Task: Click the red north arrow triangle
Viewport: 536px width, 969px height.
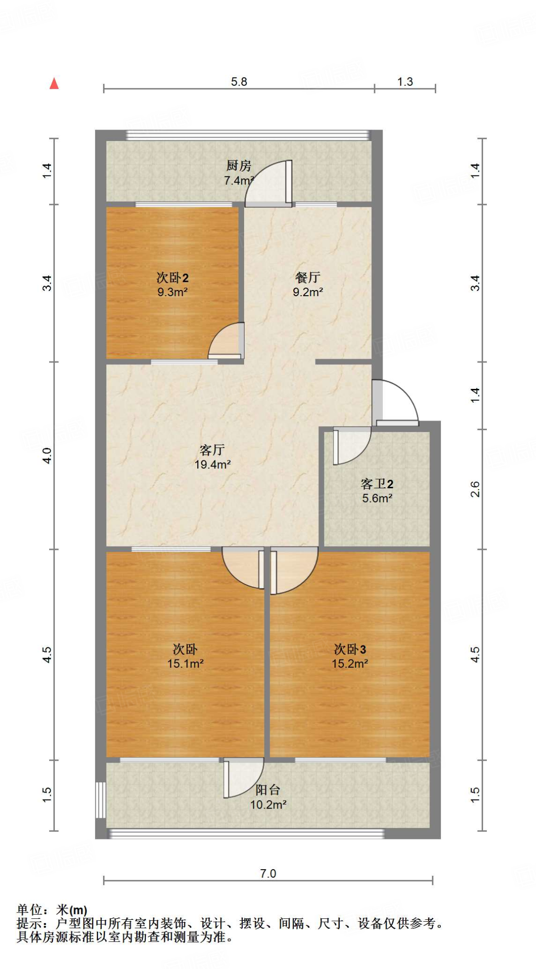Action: [x=54, y=84]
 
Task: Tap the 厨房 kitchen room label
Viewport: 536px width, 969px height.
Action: [x=238, y=166]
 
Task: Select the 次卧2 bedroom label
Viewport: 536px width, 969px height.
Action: [x=173, y=278]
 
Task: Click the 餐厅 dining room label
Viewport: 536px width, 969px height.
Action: [x=308, y=278]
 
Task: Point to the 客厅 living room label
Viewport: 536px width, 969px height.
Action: [x=212, y=450]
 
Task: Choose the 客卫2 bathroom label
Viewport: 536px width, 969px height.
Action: [x=377, y=484]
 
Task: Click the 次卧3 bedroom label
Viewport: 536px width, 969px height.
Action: [x=350, y=649]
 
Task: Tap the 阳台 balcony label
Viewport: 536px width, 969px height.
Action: [x=268, y=790]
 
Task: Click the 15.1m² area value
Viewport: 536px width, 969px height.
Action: [x=185, y=664]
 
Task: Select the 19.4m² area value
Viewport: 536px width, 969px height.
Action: [x=212, y=465]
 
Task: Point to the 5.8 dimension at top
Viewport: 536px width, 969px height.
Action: [x=239, y=82]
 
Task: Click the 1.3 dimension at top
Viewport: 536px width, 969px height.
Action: [x=405, y=82]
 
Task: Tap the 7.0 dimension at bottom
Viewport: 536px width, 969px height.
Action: [x=268, y=873]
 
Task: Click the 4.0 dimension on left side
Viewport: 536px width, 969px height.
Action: [x=47, y=455]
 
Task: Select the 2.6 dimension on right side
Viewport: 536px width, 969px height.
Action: [x=475, y=489]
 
